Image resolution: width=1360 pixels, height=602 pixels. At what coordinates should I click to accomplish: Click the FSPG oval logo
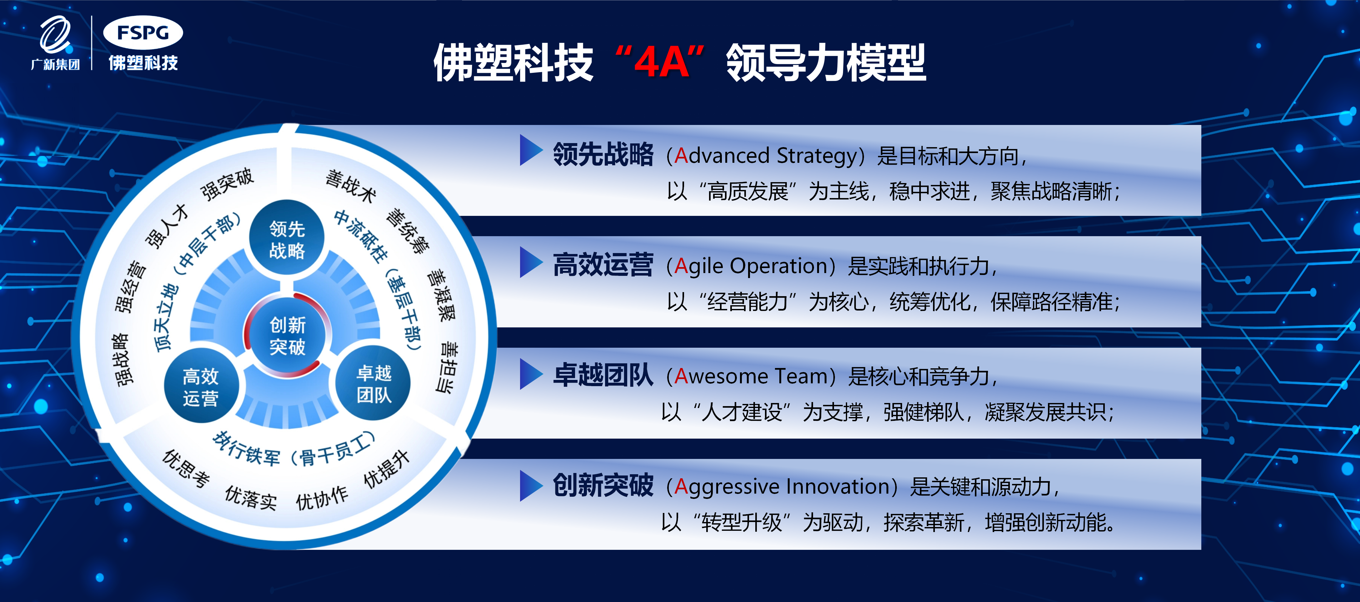pyautogui.click(x=143, y=33)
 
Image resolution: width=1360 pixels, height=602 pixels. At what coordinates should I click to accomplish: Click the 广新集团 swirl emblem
pyautogui.click(x=55, y=35)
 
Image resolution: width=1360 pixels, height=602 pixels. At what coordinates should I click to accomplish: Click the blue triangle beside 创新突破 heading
pyautogui.click(x=531, y=485)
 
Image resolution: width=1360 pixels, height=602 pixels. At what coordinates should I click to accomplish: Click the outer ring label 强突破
pyautogui.click(x=227, y=184)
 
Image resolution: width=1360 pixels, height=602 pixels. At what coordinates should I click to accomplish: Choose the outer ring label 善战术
pyautogui.click(x=350, y=186)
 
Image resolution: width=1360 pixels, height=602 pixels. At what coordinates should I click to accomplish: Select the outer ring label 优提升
pyautogui.click(x=387, y=470)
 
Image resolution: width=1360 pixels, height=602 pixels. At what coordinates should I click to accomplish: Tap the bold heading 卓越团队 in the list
pyautogui.click(x=603, y=376)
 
